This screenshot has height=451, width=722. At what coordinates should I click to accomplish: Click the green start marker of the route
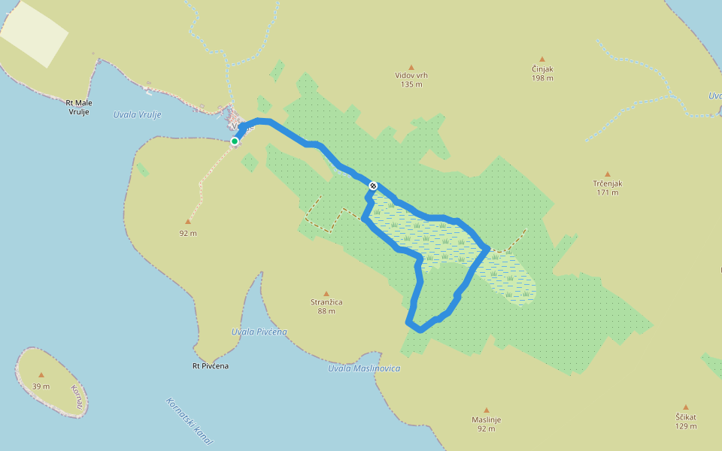coord(235,141)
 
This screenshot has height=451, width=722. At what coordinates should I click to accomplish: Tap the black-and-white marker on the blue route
coord(373,185)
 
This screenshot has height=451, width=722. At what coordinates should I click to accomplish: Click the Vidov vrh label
coord(411,75)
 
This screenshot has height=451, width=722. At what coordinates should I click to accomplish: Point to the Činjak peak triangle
coord(542,58)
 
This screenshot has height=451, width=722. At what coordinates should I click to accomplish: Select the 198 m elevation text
coord(542,78)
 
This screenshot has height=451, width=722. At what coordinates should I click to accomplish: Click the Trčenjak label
coord(608,183)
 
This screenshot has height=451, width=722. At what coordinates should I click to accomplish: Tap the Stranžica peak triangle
coord(326,293)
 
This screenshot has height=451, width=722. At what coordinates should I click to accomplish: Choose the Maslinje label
coord(486,419)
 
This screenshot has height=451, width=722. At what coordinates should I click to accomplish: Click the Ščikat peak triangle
coord(686,407)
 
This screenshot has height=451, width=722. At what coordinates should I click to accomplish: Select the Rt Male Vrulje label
coord(78,107)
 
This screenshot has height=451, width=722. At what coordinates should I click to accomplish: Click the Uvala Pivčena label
coord(259,331)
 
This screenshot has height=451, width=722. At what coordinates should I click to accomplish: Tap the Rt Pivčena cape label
coord(210,366)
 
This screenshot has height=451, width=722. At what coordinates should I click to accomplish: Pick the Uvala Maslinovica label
coord(364,368)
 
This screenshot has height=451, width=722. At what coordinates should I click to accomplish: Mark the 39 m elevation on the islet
coord(41,386)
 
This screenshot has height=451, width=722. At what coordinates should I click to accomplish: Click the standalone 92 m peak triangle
coord(188,222)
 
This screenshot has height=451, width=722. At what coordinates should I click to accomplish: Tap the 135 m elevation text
coord(411,84)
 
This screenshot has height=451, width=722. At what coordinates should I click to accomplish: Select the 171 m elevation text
coord(608,192)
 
